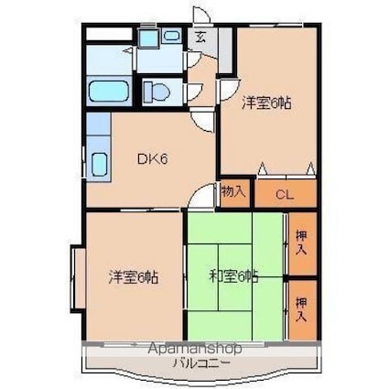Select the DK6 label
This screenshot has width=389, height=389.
pos(152,159)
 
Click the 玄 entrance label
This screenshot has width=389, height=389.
pos(200,38)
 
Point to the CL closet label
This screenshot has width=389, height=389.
pos(285,194)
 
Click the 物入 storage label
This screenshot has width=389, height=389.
pos(234,192)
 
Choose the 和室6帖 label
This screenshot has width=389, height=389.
pos(233,276)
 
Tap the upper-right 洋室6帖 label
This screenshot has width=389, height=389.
pos(266,103)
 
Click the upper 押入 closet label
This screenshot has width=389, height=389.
pos(303,243)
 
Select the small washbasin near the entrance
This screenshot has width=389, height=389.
pos(171,38)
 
